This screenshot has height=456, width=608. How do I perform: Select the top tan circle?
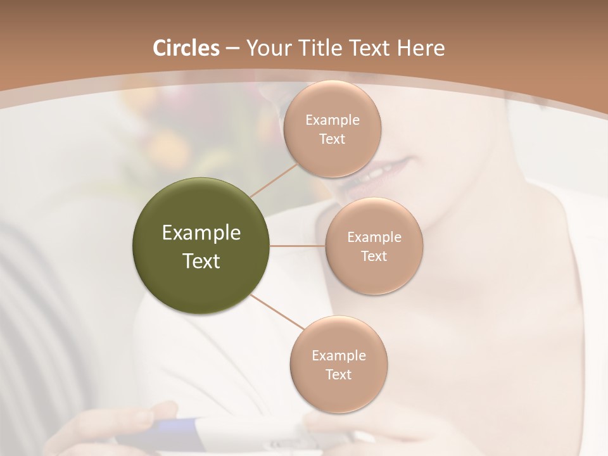click(x=332, y=129)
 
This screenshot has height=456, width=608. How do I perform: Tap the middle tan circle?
click(x=374, y=246)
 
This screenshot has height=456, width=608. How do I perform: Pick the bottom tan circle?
click(x=338, y=364)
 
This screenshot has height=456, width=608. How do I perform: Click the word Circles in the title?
click(x=186, y=48)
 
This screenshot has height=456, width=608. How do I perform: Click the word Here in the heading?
click(x=421, y=48)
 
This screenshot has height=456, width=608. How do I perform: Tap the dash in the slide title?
click(x=232, y=49)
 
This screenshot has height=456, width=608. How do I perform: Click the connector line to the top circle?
click(x=274, y=180)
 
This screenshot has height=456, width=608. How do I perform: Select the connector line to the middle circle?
click(x=298, y=246)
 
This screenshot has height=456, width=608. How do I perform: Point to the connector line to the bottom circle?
click(x=277, y=312)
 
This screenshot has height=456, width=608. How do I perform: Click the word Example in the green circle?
click(x=201, y=233)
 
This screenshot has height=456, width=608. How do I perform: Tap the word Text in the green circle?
click(x=201, y=261)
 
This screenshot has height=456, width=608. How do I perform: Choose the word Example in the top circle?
click(x=332, y=120)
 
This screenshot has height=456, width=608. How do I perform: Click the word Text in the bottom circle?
click(x=338, y=374)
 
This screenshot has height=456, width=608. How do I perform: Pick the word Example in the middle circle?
click(x=374, y=237)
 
